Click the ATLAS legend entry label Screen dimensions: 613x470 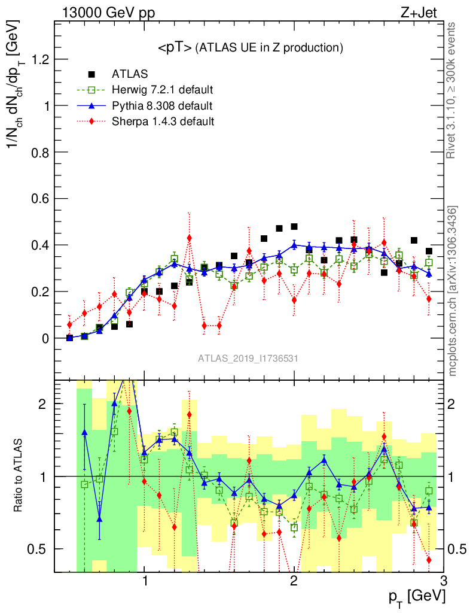[129, 74]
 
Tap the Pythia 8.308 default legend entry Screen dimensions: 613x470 [162, 106]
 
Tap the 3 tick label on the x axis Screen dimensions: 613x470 [443, 580]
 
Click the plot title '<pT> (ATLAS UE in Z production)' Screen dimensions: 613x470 [250, 48]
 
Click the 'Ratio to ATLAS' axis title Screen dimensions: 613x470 [19, 475]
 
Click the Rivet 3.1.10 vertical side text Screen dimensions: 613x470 [452, 90]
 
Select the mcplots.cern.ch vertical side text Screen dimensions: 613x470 [453, 291]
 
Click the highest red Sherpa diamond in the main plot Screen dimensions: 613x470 [189, 238]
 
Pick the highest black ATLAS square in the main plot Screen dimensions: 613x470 [294, 226]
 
